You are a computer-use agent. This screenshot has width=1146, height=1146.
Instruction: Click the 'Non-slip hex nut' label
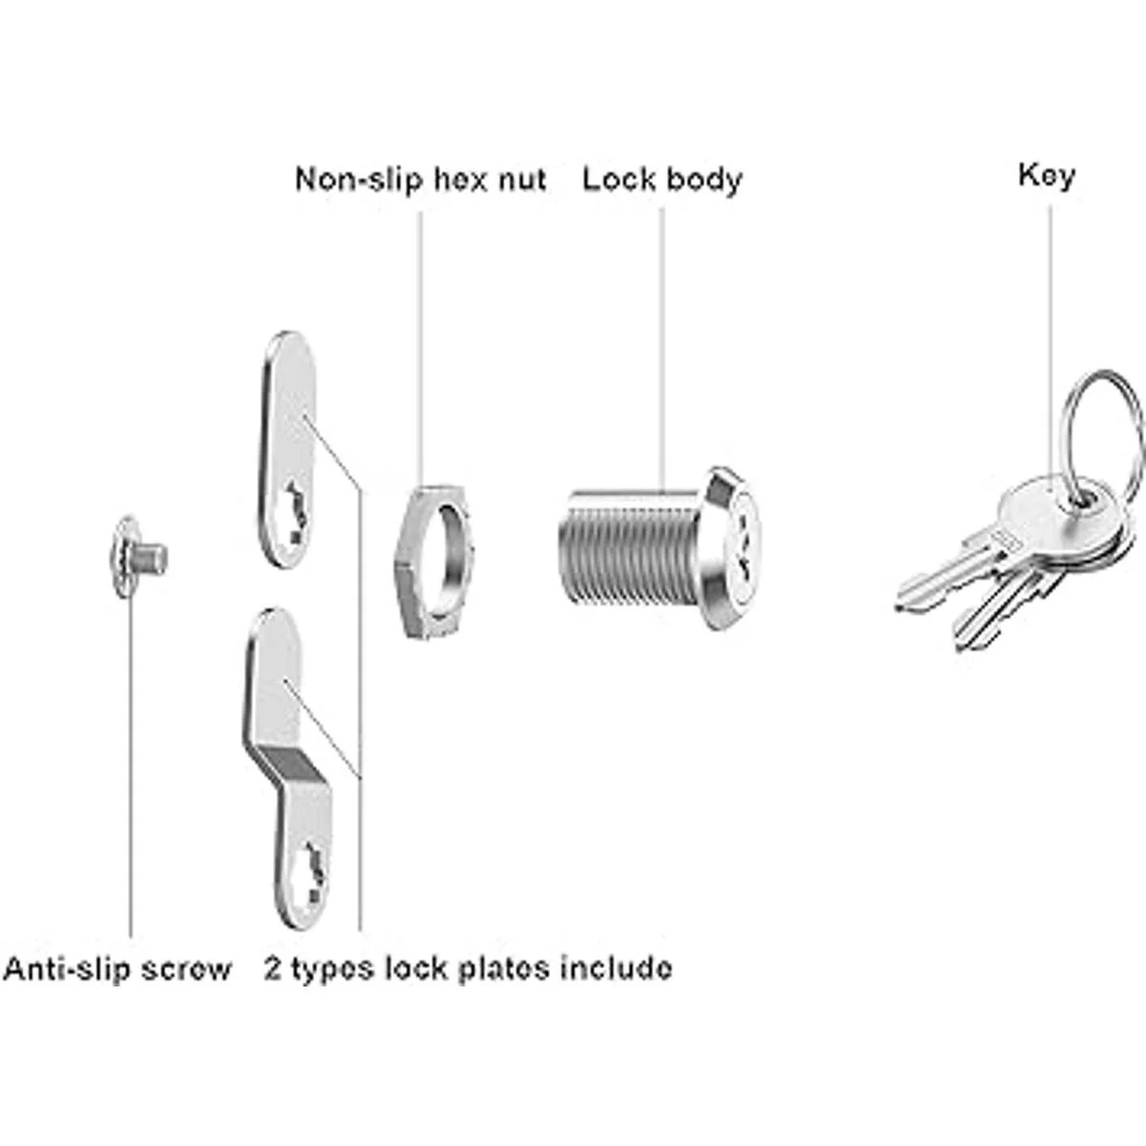click(420, 179)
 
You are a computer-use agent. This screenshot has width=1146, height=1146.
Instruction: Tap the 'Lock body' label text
click(663, 179)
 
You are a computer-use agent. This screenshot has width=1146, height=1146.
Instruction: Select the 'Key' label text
click(1047, 176)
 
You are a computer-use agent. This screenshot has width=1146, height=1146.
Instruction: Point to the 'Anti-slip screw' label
click(117, 968)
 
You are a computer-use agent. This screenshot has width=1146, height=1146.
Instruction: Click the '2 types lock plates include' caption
click(468, 969)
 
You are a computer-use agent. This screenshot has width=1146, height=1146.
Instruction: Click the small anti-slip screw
click(138, 557)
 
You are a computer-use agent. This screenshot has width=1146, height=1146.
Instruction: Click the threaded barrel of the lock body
click(627, 553)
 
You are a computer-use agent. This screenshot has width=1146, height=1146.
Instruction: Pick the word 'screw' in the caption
click(184, 969)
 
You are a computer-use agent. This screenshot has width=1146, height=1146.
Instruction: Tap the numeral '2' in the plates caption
click(273, 968)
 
